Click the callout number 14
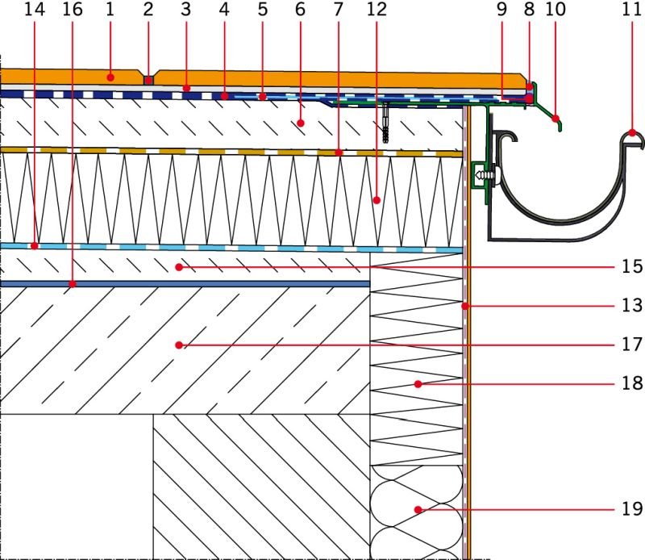pyautogui.click(x=35, y=10)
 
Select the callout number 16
pyautogui.click(x=73, y=10)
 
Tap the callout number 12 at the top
pyautogui.click(x=376, y=10)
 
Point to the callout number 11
pyautogui.click(x=631, y=10)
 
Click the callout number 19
pyautogui.click(x=632, y=509)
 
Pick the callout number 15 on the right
pyautogui.click(x=632, y=267)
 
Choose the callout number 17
pyautogui.click(x=632, y=345)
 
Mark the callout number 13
pyautogui.click(x=632, y=306)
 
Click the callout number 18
pyautogui.click(x=632, y=383)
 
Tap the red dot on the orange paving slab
pyautogui.click(x=110, y=77)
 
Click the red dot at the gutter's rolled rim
pyautogui.click(x=632, y=132)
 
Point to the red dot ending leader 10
pyautogui.click(x=556, y=119)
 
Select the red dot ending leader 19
pyautogui.click(x=418, y=510)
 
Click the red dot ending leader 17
pyautogui.click(x=178, y=345)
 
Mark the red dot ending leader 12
pyautogui.click(x=377, y=200)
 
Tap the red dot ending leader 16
pyautogui.click(x=73, y=284)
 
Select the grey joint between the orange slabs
pyautogui.click(x=148, y=80)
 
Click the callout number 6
pyautogui.click(x=300, y=10)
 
